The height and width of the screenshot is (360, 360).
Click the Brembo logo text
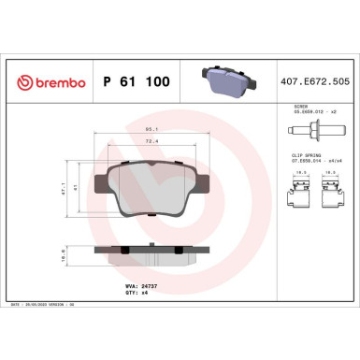49,83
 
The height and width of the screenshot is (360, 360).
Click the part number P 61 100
139,83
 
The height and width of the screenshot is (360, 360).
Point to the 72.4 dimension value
149,142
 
